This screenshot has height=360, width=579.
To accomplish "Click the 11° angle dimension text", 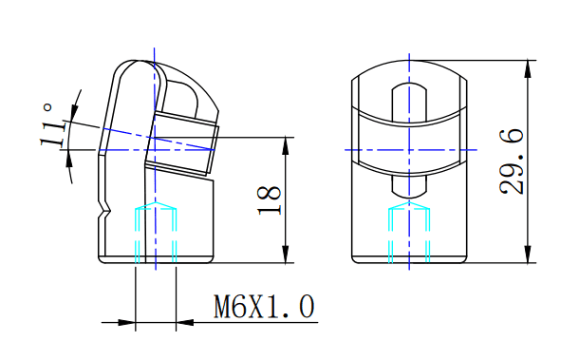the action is coord(51,125).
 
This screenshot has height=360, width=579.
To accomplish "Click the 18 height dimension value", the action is coord(270,200).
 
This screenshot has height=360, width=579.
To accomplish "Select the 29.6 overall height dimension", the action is coord(512,161).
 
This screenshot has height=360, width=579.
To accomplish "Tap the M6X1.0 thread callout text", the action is coord(264,307).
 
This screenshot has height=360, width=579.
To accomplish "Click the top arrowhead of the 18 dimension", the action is coord(286,145).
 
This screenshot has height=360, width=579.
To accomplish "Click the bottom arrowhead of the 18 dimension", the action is coord(286,255).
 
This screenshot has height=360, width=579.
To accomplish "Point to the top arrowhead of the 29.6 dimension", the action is coord(528,68).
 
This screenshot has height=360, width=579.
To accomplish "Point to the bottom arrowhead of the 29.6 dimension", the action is coord(528,255).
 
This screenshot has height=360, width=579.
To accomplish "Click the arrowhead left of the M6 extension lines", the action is coord(126,322).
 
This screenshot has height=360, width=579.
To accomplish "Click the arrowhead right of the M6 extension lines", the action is coord(185,322).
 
